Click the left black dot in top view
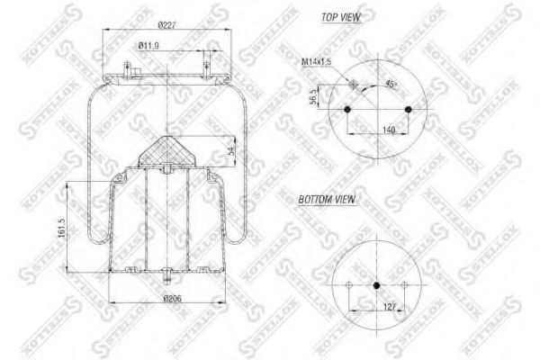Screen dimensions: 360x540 pos(347,111)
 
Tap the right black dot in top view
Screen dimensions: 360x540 pos(409,111)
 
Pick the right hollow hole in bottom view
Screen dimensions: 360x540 pos(406,287)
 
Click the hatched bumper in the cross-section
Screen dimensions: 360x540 pos(166,153)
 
